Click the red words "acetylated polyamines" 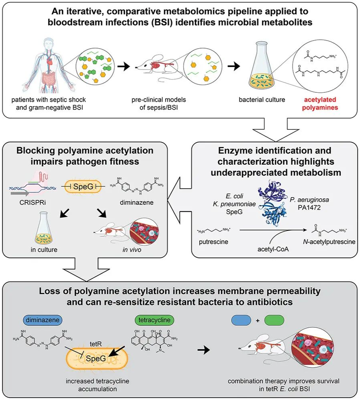[x=320, y=104]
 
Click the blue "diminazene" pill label [x=43, y=320]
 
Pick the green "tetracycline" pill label [x=154, y=320]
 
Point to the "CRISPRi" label [x=33, y=203]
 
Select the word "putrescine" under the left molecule [x=214, y=242]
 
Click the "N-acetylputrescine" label [x=329, y=242]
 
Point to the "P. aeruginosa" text [x=309, y=200]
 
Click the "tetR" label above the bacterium [x=96, y=344]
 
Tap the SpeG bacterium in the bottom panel [x=97, y=358]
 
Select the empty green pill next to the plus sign [x=274, y=320]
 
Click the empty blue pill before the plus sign [x=241, y=320]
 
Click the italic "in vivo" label [x=132, y=249]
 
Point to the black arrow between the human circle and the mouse [x=124, y=67]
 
